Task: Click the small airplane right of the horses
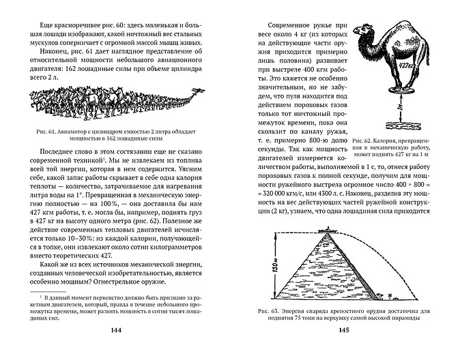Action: pos(199,93)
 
